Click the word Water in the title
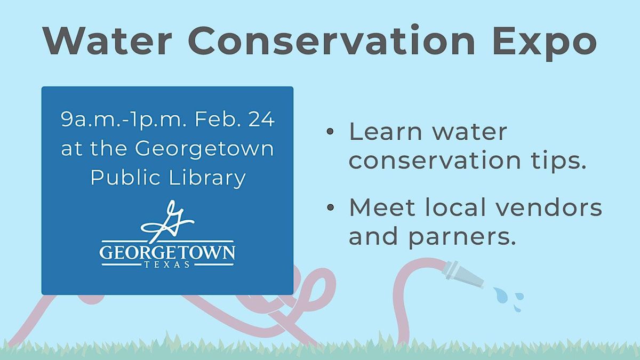click(108, 41)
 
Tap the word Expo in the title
click(545, 43)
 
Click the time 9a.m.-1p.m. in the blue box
click(124, 119)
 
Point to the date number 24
click(261, 119)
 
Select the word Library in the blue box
click(207, 178)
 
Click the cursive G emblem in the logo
click(167, 221)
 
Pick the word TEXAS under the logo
click(167, 265)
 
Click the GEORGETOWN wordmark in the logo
click(167, 252)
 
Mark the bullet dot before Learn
click(330, 131)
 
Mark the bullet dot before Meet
click(330, 207)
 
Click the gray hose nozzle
click(462, 275)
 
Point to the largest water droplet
click(501, 295)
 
